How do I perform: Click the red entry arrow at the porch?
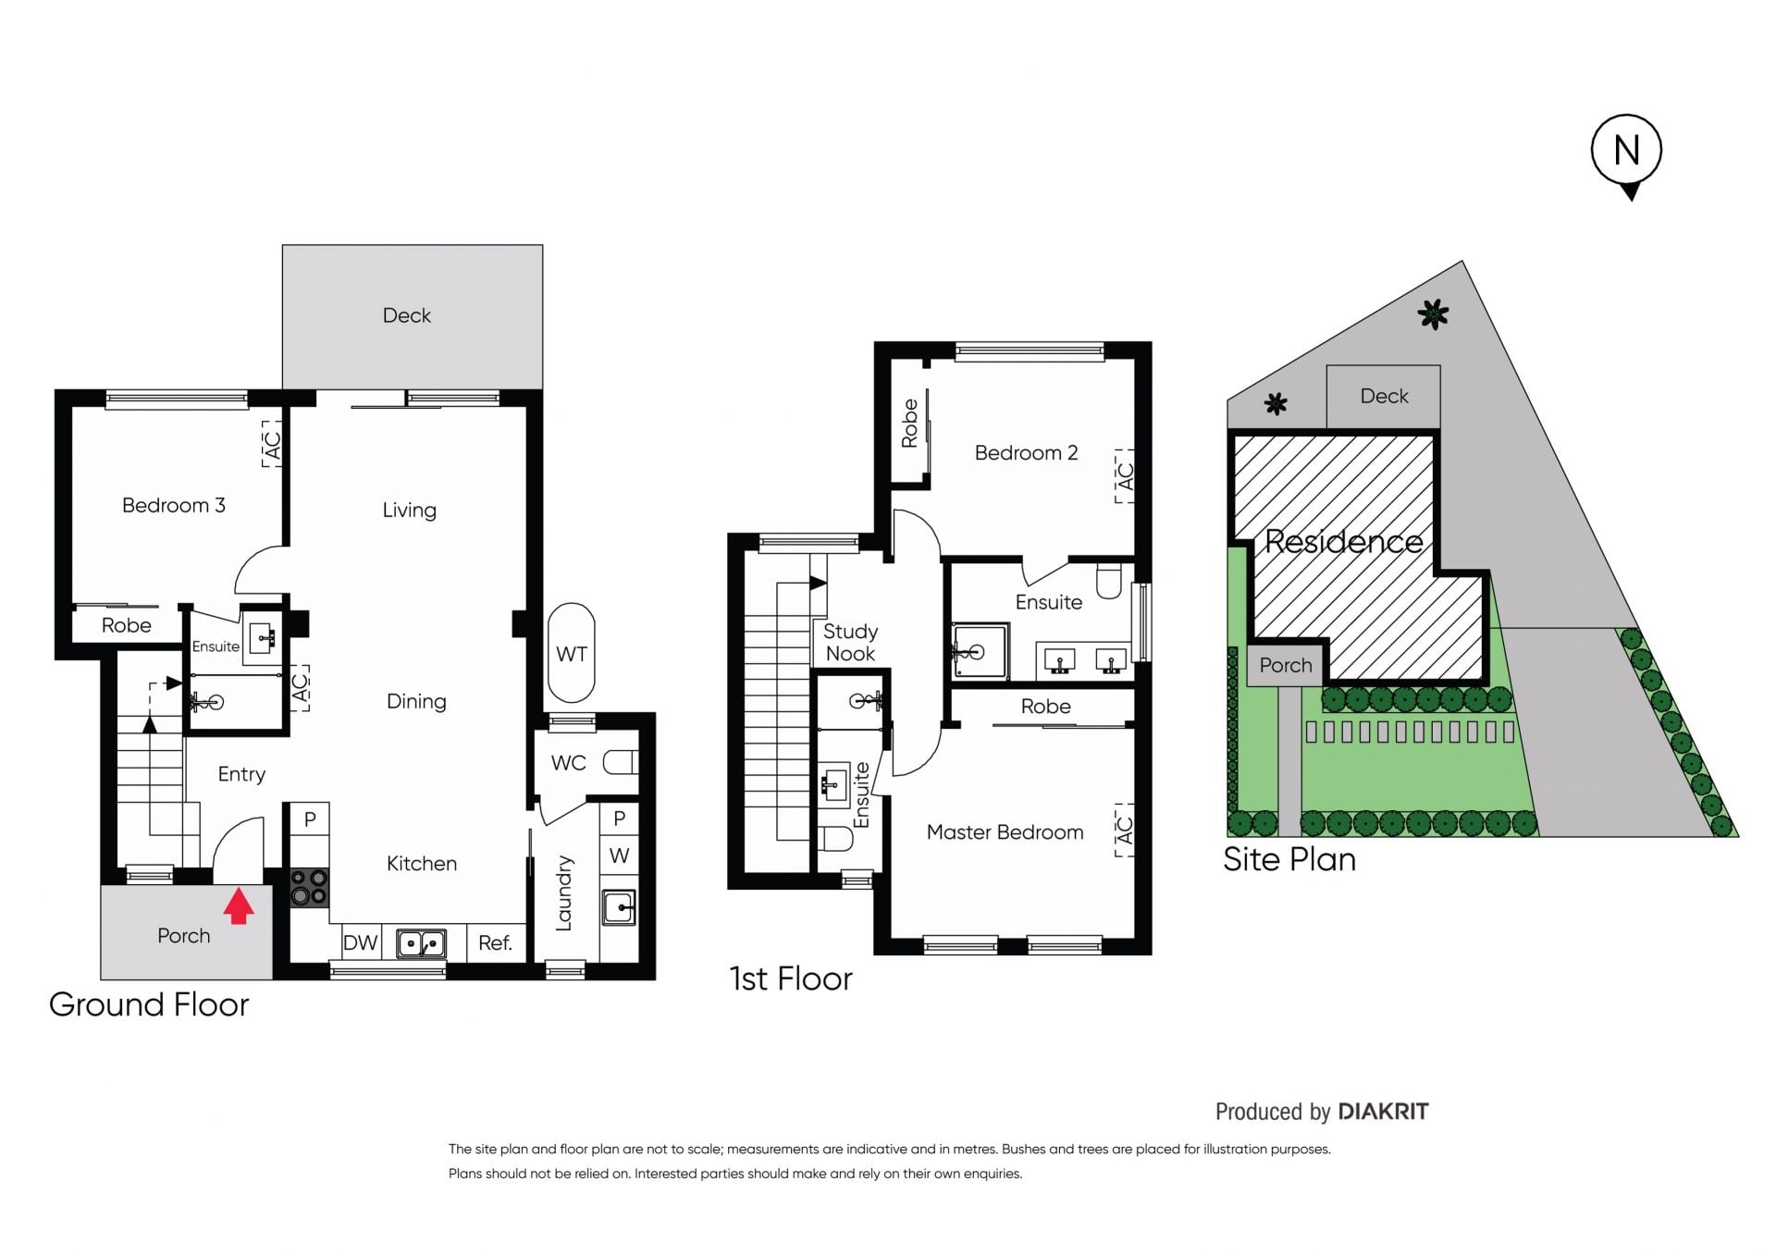(x=239, y=905)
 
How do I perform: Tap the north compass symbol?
(x=1626, y=155)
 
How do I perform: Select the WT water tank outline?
(x=572, y=654)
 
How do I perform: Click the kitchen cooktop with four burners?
(x=309, y=887)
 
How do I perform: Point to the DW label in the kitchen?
(x=360, y=942)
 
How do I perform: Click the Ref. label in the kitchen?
(x=495, y=942)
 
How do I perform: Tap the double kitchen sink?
(x=421, y=943)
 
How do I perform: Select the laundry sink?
(x=619, y=907)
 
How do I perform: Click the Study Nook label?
(x=850, y=642)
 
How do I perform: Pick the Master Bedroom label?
(x=1005, y=832)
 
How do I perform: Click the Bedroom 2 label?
(x=1026, y=452)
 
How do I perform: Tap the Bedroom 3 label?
(x=174, y=505)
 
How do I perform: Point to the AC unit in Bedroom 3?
(x=272, y=444)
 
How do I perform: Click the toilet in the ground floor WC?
(x=621, y=762)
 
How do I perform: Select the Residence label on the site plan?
(x=1343, y=541)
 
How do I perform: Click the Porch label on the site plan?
(x=1286, y=665)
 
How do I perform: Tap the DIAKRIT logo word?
(x=1383, y=1111)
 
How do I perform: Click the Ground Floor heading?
(x=149, y=1004)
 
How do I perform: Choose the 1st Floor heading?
(x=791, y=978)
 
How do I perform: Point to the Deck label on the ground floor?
(x=407, y=315)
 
